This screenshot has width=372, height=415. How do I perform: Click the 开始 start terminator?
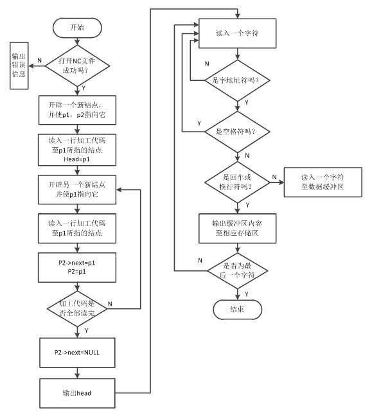(x=77, y=28)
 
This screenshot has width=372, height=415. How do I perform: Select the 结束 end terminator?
(x=237, y=310)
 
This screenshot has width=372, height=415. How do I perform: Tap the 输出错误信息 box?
(x=19, y=66)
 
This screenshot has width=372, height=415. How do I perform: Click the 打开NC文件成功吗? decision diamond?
(x=77, y=66)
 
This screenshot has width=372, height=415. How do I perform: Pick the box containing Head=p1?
(x=77, y=150)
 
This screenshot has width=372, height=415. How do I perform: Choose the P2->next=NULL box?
(x=77, y=353)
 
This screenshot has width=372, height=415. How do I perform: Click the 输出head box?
(x=77, y=393)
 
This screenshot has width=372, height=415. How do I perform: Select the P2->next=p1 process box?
(x=77, y=267)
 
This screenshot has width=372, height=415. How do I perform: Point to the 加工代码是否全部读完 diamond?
(x=77, y=308)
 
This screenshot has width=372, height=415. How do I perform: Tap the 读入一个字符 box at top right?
(x=238, y=33)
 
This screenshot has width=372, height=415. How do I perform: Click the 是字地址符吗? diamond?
(x=237, y=80)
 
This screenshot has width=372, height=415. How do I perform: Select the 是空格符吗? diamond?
(x=237, y=132)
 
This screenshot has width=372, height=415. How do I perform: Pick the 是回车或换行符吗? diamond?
(x=237, y=182)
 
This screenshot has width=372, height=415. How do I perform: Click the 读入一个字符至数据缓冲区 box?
(x=323, y=182)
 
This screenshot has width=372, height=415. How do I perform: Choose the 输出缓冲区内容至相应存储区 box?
(x=238, y=229)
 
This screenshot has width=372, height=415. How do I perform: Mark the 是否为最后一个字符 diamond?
(x=237, y=270)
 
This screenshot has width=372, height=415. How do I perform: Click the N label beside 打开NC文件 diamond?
(x=39, y=60)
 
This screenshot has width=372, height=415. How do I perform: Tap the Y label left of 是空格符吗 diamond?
(x=199, y=123)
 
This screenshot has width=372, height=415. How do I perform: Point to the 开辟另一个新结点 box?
(x=77, y=190)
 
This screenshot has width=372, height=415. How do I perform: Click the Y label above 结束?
(x=247, y=294)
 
